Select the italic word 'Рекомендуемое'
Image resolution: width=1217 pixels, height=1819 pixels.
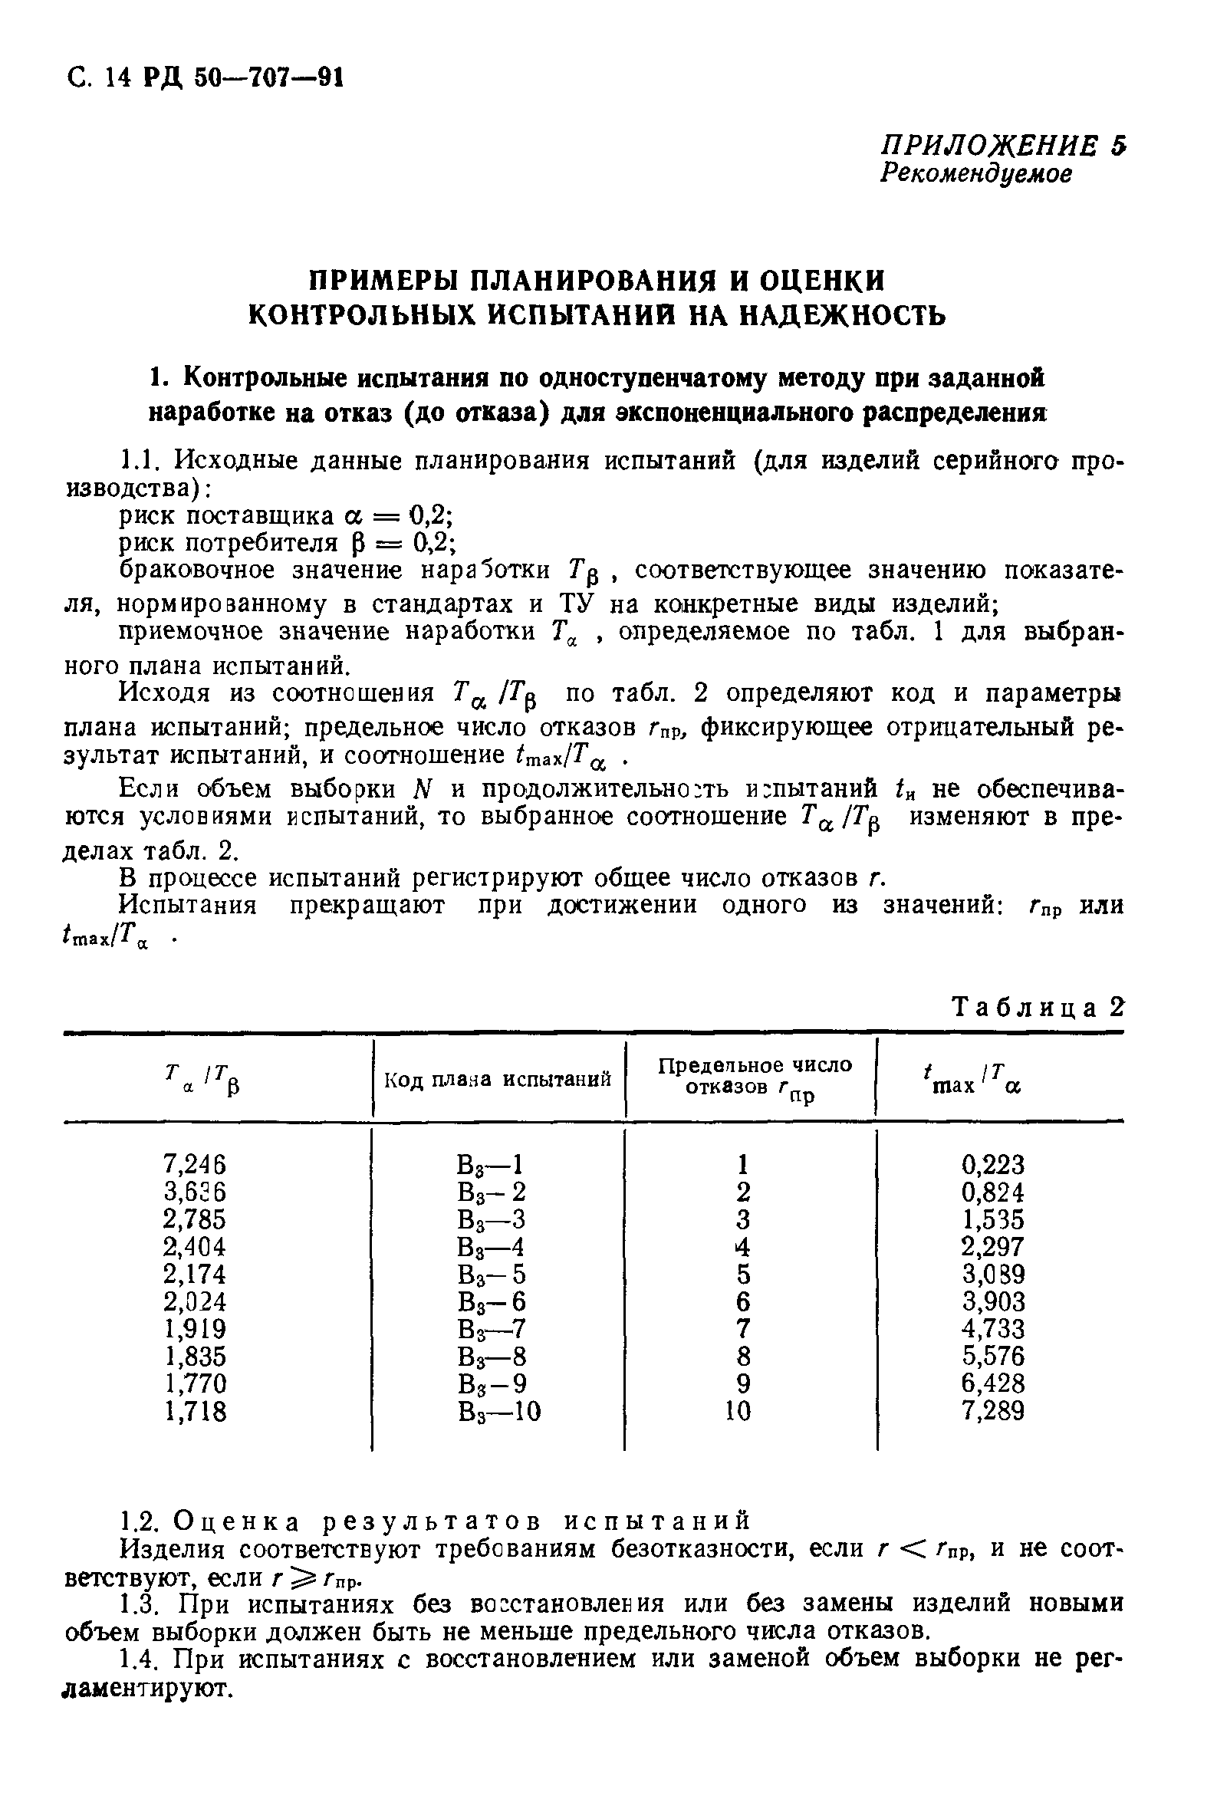tap(975, 174)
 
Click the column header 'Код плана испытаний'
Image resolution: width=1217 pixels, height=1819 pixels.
tap(498, 1080)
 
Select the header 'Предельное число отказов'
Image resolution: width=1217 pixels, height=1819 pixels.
tap(754, 1076)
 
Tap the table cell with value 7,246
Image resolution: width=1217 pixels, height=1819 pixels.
tap(195, 1164)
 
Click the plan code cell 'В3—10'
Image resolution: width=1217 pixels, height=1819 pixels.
tap(499, 1411)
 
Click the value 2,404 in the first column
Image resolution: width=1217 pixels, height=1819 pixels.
tap(195, 1247)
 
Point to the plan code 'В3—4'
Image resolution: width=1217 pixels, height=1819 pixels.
tap(492, 1247)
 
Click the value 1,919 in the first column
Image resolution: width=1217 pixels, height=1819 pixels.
tap(195, 1328)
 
